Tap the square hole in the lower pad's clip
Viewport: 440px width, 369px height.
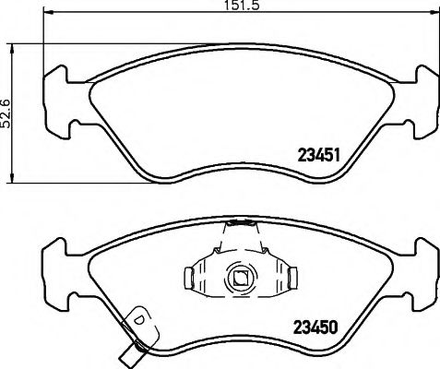pyautogui.click(x=240, y=275)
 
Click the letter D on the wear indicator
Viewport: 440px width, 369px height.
pyautogui.click(x=139, y=319)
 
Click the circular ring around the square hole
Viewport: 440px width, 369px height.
pyautogui.click(x=240, y=265)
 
